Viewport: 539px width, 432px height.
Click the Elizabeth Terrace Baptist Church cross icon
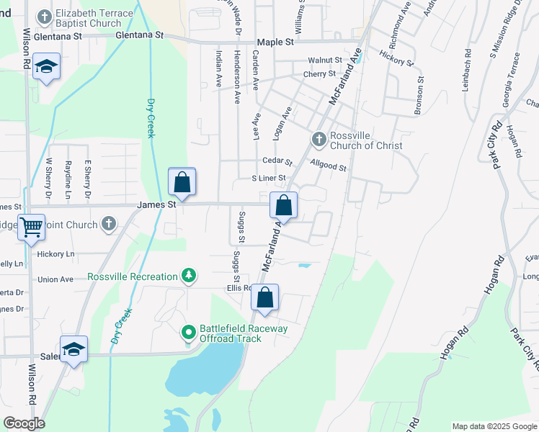pyautogui.click(x=45, y=16)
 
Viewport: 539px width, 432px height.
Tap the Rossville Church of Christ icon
pyautogui.click(x=318, y=138)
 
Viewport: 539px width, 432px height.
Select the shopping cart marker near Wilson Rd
pyautogui.click(x=31, y=228)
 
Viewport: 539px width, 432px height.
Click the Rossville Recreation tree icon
pyautogui.click(x=188, y=276)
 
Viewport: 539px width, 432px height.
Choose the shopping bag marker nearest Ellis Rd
pyautogui.click(x=264, y=297)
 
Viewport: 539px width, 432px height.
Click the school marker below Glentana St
pyautogui.click(x=48, y=68)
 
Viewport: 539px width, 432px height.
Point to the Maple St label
pyautogui.click(x=274, y=42)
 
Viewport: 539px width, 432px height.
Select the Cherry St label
pyautogui.click(x=319, y=73)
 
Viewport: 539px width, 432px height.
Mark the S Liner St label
pyautogui.click(x=268, y=178)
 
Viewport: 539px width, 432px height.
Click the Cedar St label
pyautogui.click(x=277, y=162)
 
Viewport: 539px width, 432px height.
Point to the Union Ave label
pyautogui.click(x=55, y=279)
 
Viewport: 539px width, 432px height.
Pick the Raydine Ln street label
pyautogui.click(x=68, y=180)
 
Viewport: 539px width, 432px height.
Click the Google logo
pyautogui.click(x=24, y=423)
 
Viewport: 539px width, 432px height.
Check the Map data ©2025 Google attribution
pyautogui.click(x=494, y=426)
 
